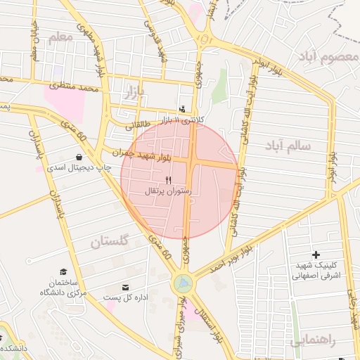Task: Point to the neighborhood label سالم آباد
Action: (288, 146)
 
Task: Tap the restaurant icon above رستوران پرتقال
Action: (167, 181)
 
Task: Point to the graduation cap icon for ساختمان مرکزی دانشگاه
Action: (63, 271)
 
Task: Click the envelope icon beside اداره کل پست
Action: (126, 288)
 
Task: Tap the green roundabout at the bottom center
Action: (183, 283)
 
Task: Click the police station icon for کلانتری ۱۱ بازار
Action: (183, 110)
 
